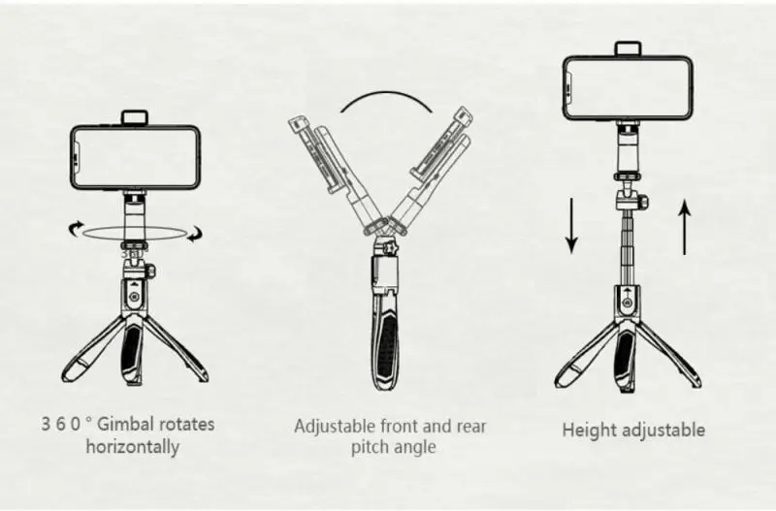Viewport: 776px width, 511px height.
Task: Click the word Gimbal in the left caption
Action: tap(124, 425)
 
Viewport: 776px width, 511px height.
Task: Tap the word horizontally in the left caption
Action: tap(133, 447)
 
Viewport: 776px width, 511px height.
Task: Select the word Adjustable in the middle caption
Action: tap(333, 426)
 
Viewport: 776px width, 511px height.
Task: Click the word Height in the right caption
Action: tap(589, 430)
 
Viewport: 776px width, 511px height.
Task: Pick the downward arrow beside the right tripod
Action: tap(570, 226)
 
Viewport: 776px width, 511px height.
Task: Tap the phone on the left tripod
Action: tap(135, 157)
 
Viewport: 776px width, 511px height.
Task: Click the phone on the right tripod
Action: tap(628, 87)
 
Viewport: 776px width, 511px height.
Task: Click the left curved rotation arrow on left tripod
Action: tap(75, 230)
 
